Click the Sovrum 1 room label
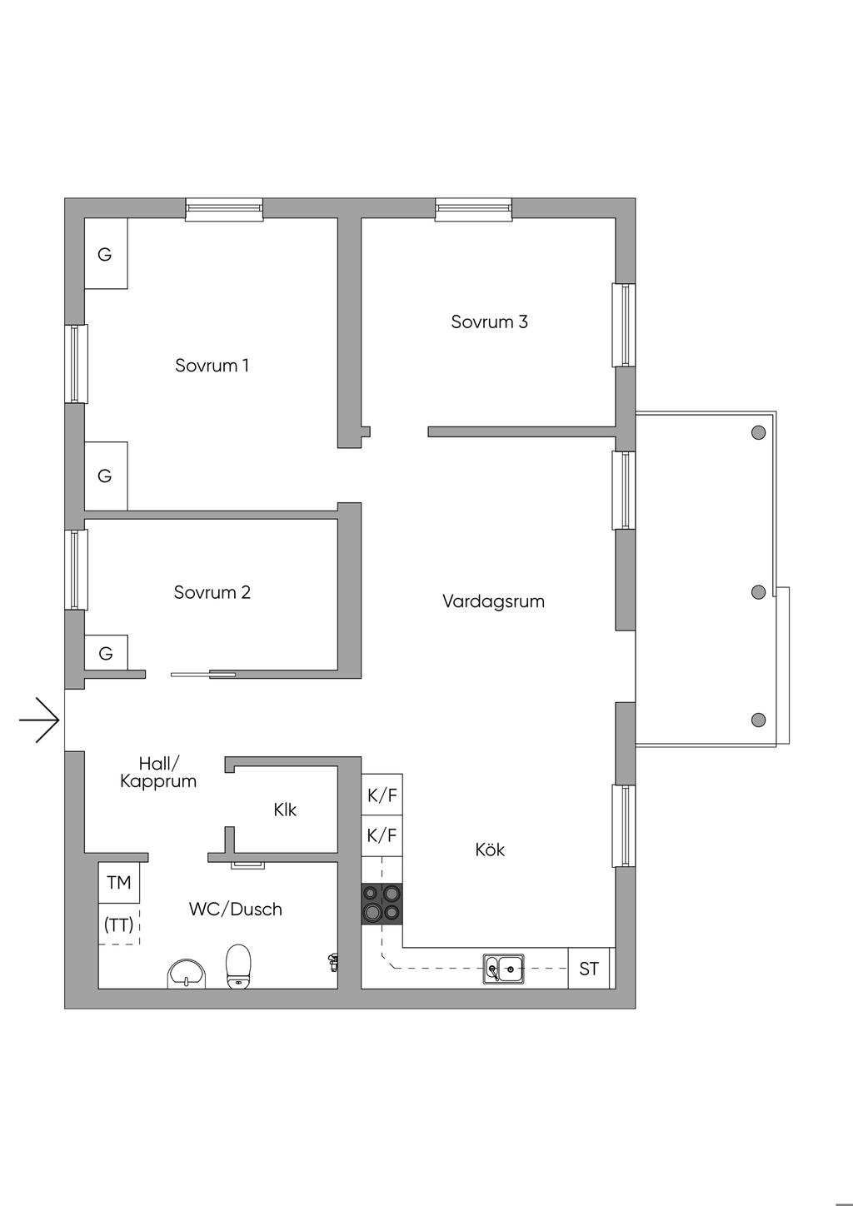pyautogui.click(x=212, y=365)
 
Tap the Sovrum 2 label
pyautogui.click(x=212, y=592)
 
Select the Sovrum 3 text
pyautogui.click(x=489, y=321)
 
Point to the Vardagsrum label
pyautogui.click(x=493, y=601)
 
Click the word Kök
pyautogui.click(x=490, y=850)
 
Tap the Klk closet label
pyautogui.click(x=285, y=810)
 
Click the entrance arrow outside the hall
pyautogui.click(x=40, y=719)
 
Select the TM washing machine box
pyautogui.click(x=119, y=882)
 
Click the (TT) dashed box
pyautogui.click(x=118, y=924)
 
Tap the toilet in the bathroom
pyautogui.click(x=239, y=966)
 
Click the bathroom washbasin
pyautogui.click(x=187, y=973)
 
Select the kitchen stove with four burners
pyautogui.click(x=382, y=903)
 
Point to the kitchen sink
pyautogui.click(x=504, y=969)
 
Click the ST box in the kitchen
pyautogui.click(x=589, y=969)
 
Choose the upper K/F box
pyautogui.click(x=382, y=795)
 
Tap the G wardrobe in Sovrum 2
pyautogui.click(x=106, y=653)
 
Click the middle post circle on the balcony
pyautogui.click(x=758, y=592)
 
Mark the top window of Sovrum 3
pyautogui.click(x=473, y=209)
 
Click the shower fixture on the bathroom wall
pyautogui.click(x=332, y=961)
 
